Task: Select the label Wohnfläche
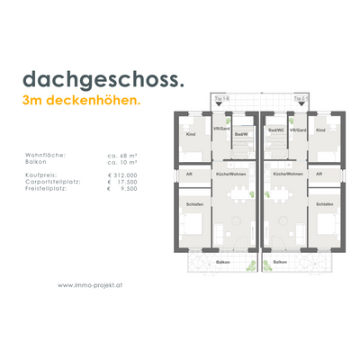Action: pos(74,155)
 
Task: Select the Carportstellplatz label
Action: pos(80,183)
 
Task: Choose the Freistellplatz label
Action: pos(76,190)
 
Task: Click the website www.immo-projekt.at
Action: pos(90,286)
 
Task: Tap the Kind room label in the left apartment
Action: pos(191,134)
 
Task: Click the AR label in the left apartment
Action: pos(190,173)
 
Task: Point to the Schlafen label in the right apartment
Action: pos(324,204)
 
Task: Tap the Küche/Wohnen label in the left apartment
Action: pos(231,173)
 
